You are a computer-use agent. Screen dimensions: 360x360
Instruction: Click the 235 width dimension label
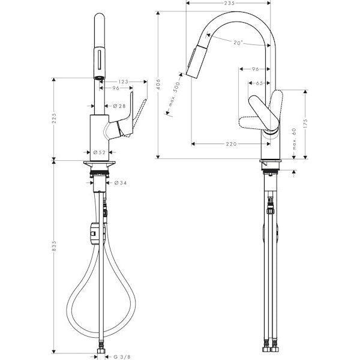229,3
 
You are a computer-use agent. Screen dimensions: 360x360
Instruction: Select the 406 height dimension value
158,85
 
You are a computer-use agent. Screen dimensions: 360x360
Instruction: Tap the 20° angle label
238,43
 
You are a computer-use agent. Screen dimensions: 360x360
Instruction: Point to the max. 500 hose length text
175,94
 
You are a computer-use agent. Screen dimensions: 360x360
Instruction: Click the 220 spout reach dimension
231,144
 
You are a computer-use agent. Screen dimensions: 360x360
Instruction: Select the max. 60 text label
295,139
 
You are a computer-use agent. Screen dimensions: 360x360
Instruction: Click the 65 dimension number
259,83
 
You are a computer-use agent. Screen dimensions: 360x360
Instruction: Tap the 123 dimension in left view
124,82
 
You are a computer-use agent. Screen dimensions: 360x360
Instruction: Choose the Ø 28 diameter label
119,106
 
